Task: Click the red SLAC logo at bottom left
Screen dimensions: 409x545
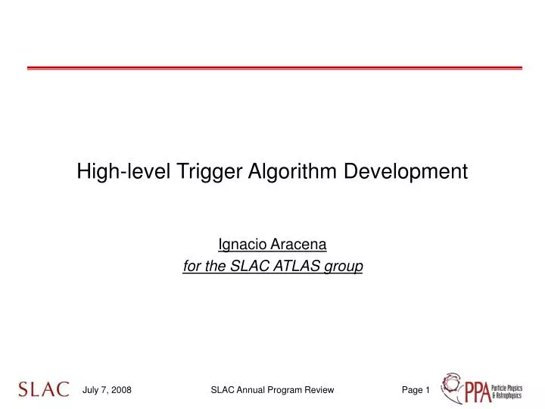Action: [x=44, y=389]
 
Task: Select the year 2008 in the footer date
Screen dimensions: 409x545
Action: [x=120, y=390]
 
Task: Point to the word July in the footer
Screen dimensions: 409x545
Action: [x=91, y=390]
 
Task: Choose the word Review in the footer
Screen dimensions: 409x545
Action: [x=320, y=390]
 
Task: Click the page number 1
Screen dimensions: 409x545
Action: [x=428, y=390]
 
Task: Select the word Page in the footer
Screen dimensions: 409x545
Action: [x=412, y=390]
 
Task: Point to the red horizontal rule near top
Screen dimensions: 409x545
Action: [x=274, y=68]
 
